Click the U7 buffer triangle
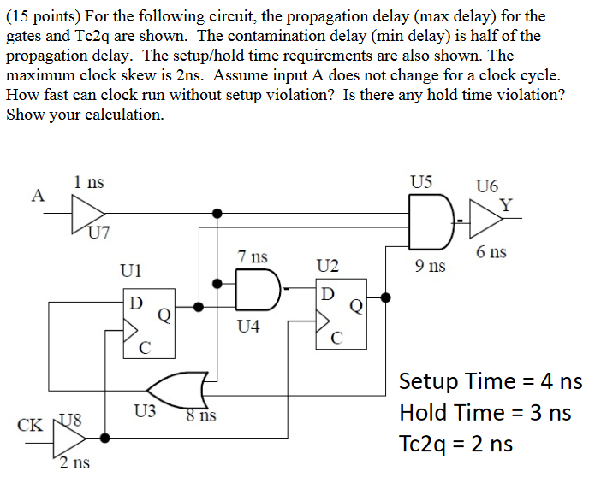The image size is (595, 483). tap(86, 210)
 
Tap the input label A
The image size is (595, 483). tap(37, 195)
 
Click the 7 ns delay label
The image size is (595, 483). tap(253, 256)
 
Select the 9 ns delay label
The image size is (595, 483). tap(430, 266)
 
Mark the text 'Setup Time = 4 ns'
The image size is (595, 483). tap(491, 380)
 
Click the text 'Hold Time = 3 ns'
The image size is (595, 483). tap(485, 412)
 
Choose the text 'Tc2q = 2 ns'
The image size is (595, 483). tap(456, 444)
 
